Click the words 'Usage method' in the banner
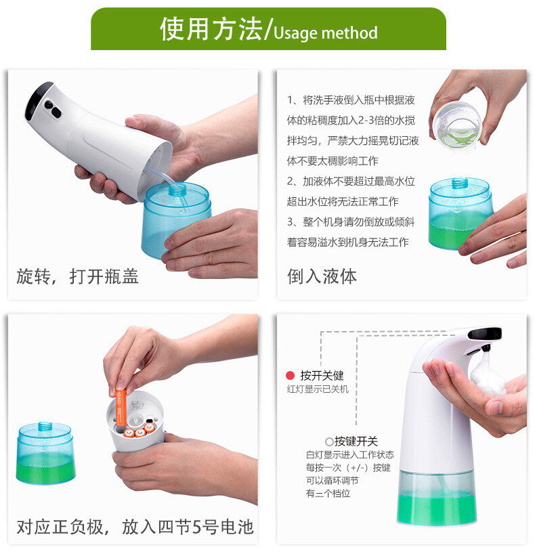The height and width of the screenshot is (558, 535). click(x=325, y=33)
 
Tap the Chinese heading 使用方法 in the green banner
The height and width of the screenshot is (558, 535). click(x=211, y=29)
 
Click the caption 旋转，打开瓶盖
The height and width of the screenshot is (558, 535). click(x=77, y=276)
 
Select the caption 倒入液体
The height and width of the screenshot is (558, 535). click(x=322, y=276)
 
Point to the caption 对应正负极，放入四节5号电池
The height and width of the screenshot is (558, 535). click(x=135, y=527)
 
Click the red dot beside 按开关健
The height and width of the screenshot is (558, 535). click(x=290, y=375)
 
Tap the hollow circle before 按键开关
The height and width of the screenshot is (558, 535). click(x=329, y=442)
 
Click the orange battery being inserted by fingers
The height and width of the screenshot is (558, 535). click(x=121, y=408)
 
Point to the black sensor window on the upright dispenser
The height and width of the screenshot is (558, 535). click(x=485, y=333)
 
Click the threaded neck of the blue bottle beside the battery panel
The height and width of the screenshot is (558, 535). click(x=45, y=426)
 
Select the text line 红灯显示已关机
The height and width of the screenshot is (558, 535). click(x=318, y=389)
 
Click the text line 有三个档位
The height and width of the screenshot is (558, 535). click(x=328, y=493)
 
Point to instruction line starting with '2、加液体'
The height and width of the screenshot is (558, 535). click(x=351, y=181)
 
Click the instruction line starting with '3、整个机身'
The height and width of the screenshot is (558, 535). click(x=351, y=221)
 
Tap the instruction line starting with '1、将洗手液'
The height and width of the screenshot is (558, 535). click(x=351, y=100)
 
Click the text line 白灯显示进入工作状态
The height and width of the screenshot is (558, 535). click(x=350, y=454)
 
